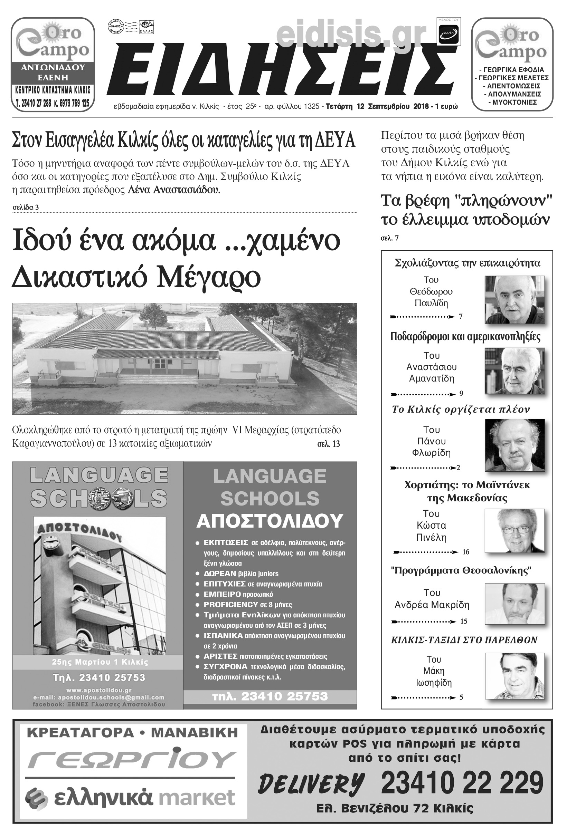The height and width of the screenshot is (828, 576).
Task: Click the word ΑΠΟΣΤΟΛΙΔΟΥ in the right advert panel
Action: click(270, 520)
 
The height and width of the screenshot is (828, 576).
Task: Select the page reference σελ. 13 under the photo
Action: click(328, 444)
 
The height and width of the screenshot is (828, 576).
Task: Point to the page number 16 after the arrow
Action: click(465, 552)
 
